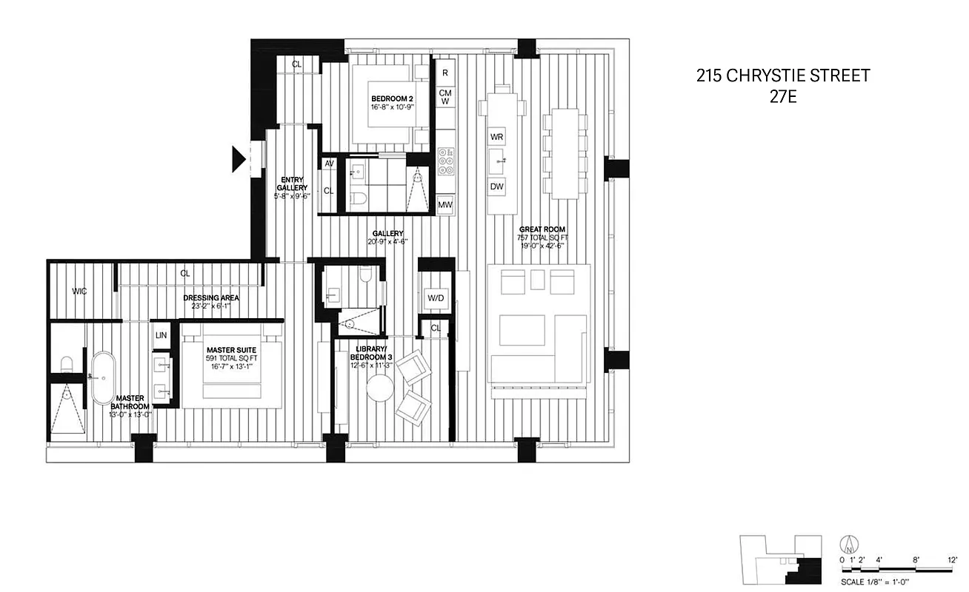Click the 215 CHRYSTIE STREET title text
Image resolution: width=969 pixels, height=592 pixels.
click(782, 75)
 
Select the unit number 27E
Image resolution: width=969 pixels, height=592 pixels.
click(782, 97)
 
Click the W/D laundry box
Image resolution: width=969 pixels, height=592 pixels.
click(436, 298)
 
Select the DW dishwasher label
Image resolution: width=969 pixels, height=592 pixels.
click(496, 187)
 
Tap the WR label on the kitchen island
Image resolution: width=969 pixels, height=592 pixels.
click(496, 138)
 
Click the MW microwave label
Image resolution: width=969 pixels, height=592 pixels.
click(445, 205)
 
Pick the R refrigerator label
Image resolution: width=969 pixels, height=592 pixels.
click(445, 73)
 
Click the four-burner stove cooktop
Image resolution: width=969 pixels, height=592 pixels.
click(446, 162)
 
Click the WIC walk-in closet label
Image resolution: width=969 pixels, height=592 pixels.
click(79, 291)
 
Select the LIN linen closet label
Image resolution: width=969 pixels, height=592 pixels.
click(161, 335)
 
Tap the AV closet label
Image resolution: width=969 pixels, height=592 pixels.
click(328, 164)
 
